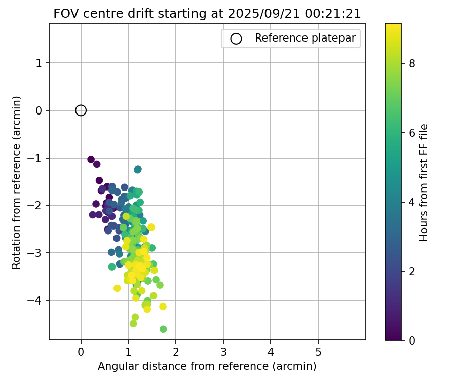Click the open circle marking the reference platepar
81,110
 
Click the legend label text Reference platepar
306,38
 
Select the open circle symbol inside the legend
236,39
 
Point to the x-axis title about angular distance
207,366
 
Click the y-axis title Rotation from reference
17,182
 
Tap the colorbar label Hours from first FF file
424,182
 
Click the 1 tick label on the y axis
40,63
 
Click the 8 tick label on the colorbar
412,63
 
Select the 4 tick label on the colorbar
412,202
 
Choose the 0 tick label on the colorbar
412,340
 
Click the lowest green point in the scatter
163,329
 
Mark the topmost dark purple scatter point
91,159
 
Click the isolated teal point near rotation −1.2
138,169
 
